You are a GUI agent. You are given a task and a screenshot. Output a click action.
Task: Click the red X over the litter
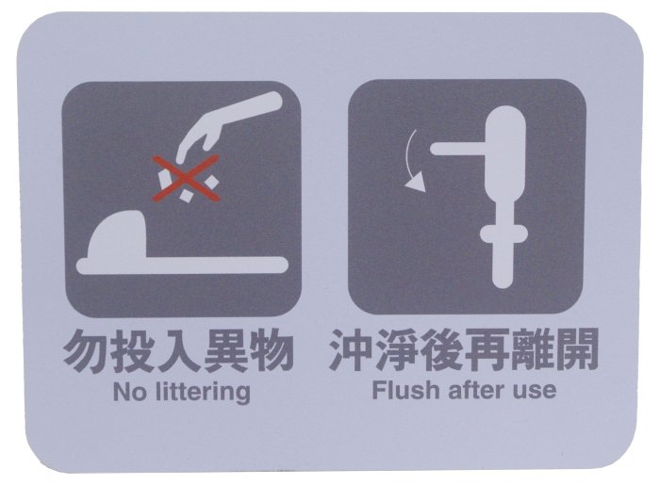(x=186, y=178)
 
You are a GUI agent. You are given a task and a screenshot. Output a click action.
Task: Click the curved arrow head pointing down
(x=416, y=184)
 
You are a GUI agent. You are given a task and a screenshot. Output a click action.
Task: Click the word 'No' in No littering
(x=130, y=392)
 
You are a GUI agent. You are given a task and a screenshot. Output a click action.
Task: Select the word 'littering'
(x=203, y=393)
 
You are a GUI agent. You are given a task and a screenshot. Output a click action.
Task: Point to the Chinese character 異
(x=224, y=350)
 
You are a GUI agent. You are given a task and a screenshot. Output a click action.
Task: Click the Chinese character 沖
(x=352, y=350)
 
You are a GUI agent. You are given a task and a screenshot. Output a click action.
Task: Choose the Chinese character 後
(x=441, y=350)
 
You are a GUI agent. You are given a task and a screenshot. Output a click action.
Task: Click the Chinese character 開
(x=576, y=350)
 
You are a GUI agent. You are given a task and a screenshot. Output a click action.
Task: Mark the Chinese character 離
(x=531, y=350)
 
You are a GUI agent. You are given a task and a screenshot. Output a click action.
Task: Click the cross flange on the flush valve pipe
(x=503, y=234)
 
